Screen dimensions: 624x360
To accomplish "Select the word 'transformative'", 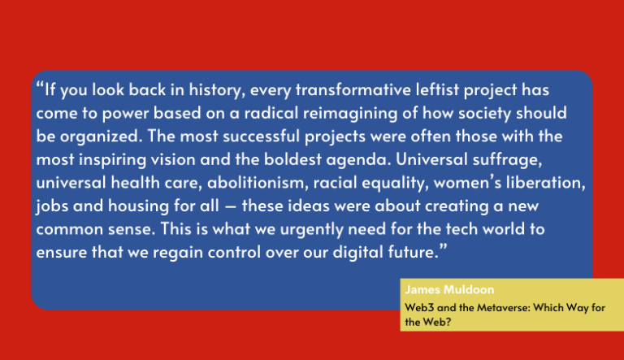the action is pos(353,89).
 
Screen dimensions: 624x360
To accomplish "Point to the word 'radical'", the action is pos(271,113).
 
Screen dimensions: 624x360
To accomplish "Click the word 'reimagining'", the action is pos(350,114).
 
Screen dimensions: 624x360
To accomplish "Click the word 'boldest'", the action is pos(292,159).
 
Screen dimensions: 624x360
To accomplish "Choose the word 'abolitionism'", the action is pos(258,183).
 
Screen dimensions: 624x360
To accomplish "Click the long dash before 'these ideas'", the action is pos(231,207).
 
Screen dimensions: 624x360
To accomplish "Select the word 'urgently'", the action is pos(312,230).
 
